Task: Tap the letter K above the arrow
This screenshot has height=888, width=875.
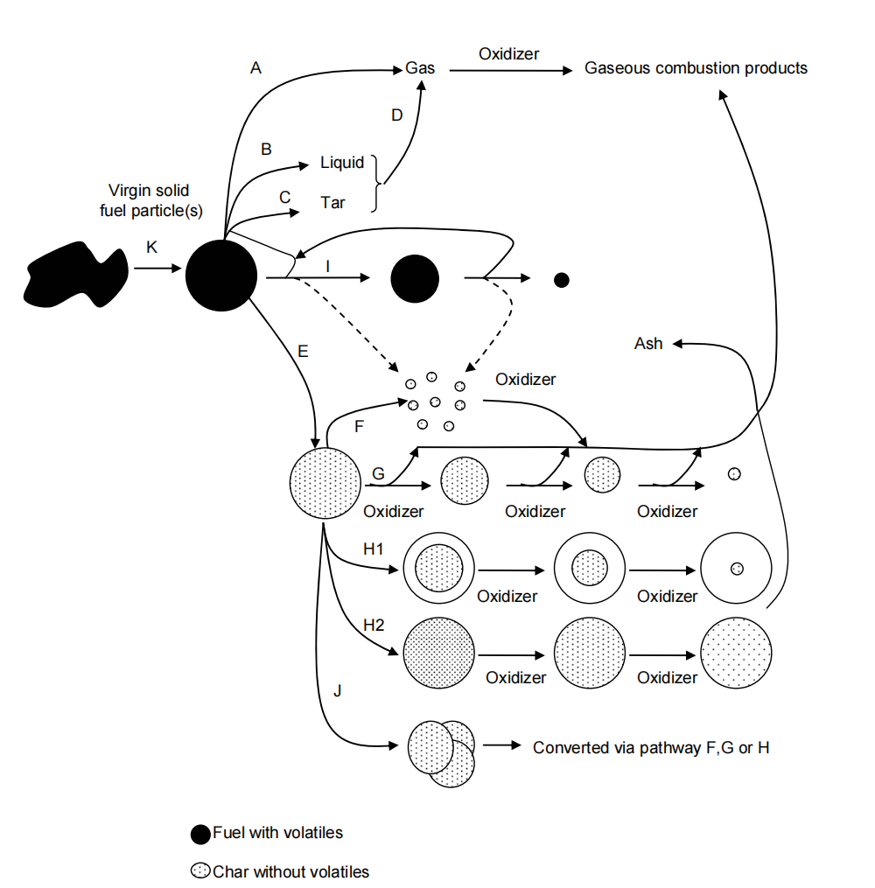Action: click(151, 248)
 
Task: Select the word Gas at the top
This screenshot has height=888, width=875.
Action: click(420, 68)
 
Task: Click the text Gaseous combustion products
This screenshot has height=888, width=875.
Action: click(696, 68)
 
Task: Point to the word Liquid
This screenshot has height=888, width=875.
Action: click(342, 164)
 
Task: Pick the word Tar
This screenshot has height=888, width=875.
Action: click(332, 203)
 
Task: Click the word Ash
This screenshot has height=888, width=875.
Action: click(648, 344)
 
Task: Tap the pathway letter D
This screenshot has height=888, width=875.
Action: click(396, 115)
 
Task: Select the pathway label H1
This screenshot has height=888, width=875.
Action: click(374, 548)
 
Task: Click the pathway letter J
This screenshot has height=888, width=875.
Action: click(338, 692)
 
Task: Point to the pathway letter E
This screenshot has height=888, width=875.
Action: click(303, 352)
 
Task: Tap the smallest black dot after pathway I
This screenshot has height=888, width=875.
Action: click(562, 280)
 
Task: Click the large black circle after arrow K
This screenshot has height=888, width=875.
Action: click(221, 276)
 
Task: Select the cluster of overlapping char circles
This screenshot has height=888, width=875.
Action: click(442, 751)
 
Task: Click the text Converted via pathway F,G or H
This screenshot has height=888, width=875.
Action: click(651, 748)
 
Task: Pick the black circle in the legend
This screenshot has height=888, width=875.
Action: click(200, 834)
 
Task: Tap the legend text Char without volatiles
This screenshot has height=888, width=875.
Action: click(290, 871)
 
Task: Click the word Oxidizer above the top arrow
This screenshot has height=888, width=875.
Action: click(508, 54)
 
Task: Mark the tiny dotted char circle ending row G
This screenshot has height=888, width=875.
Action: click(735, 473)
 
